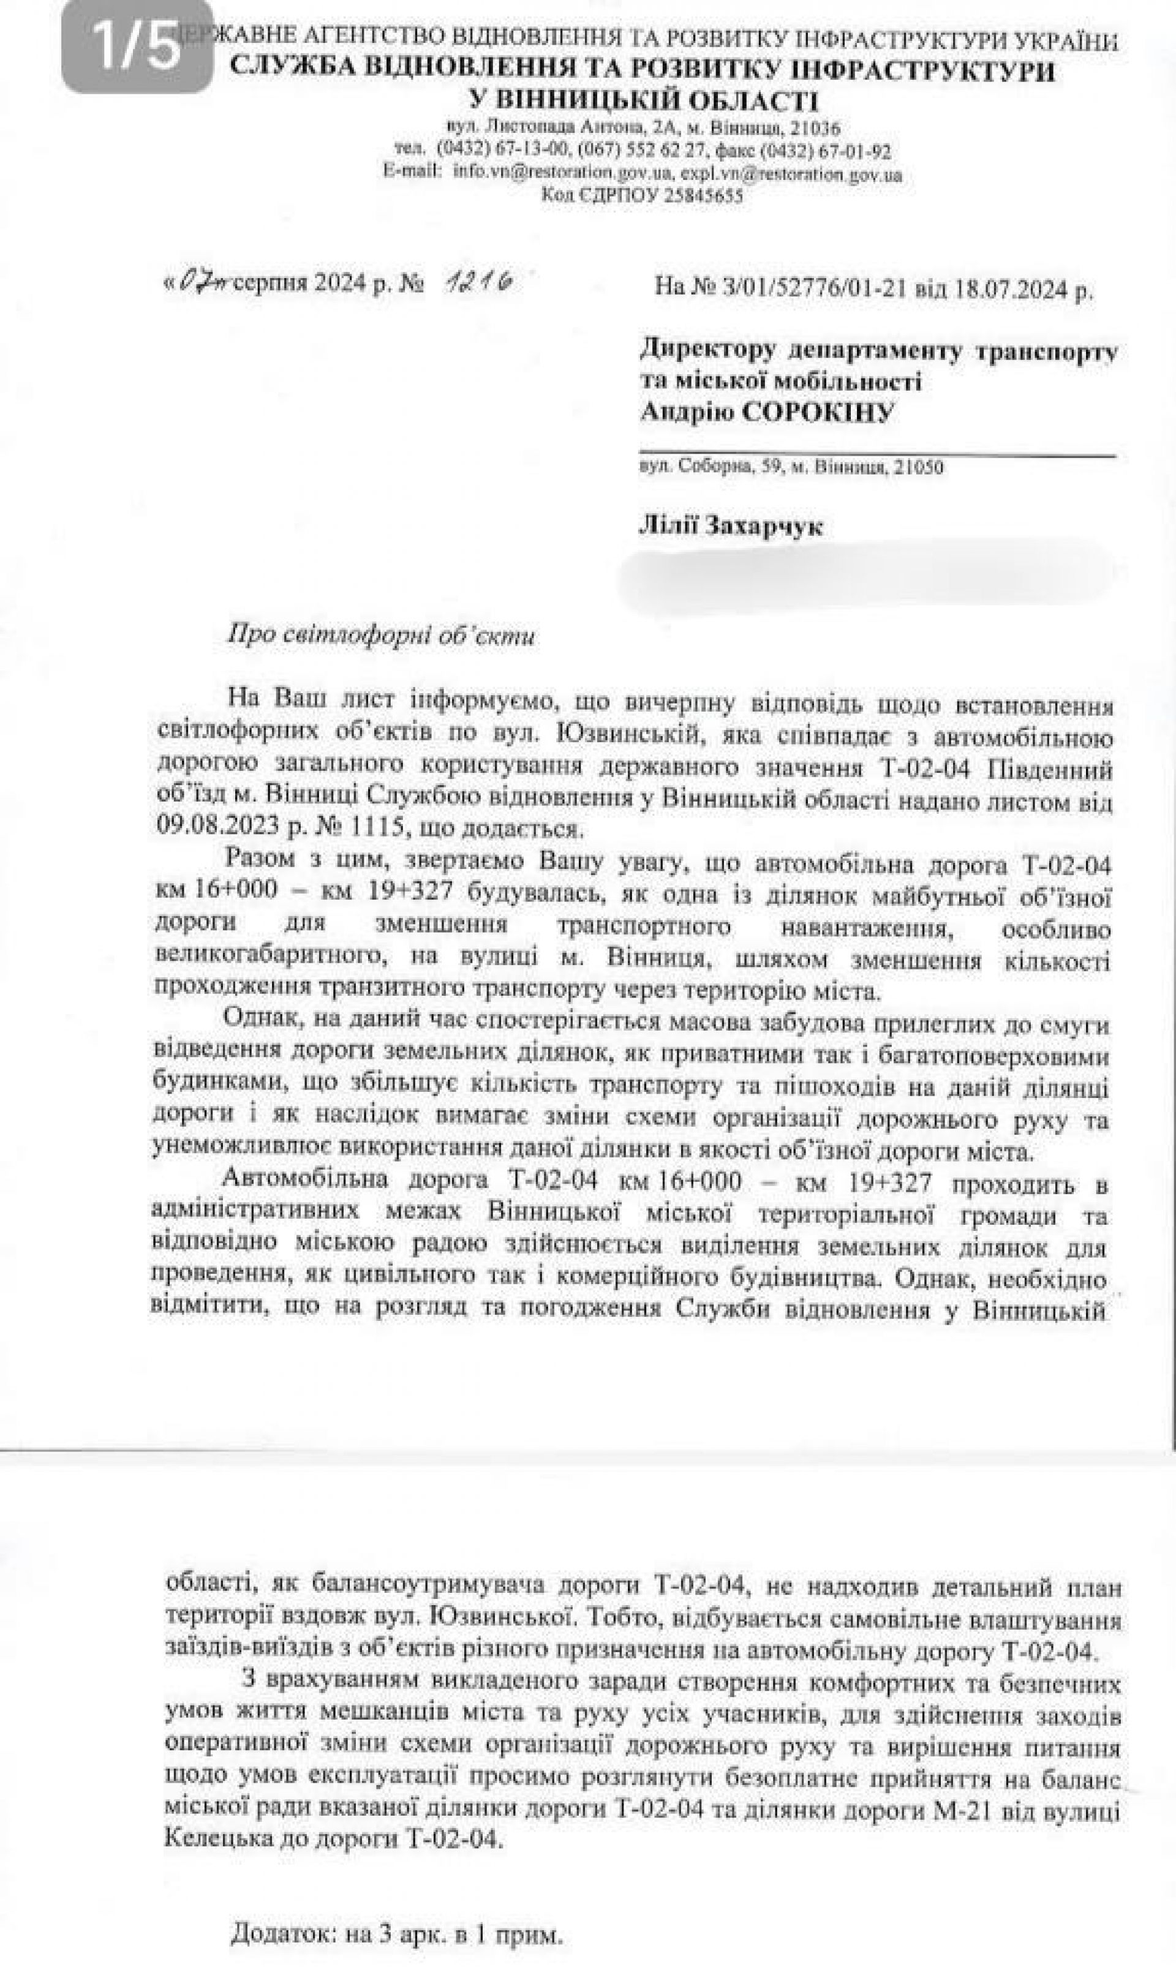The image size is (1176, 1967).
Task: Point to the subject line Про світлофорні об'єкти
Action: point(381,637)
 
